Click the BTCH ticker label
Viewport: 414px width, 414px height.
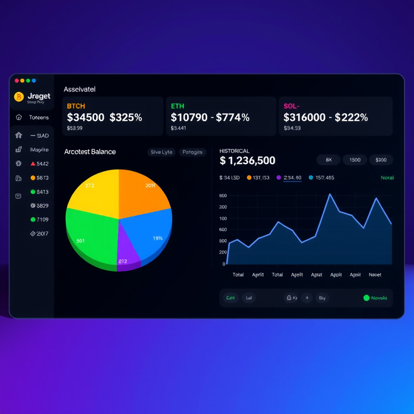tap(76, 106)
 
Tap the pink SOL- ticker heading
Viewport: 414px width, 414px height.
tap(291, 106)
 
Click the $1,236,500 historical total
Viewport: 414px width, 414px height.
tap(247, 161)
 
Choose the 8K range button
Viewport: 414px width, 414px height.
tap(328, 160)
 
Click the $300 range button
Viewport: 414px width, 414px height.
tap(381, 160)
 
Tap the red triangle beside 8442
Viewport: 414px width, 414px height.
tap(33, 164)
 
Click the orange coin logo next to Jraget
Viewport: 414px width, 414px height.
tap(19, 97)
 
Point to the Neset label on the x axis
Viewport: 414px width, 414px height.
tap(375, 275)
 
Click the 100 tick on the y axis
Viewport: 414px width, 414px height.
tap(222, 218)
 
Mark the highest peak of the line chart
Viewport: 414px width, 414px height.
tap(330, 194)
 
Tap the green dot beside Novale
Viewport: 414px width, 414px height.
tap(366, 298)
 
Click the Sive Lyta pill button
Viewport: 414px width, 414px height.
tap(161, 152)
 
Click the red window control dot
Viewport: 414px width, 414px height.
tap(17, 81)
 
